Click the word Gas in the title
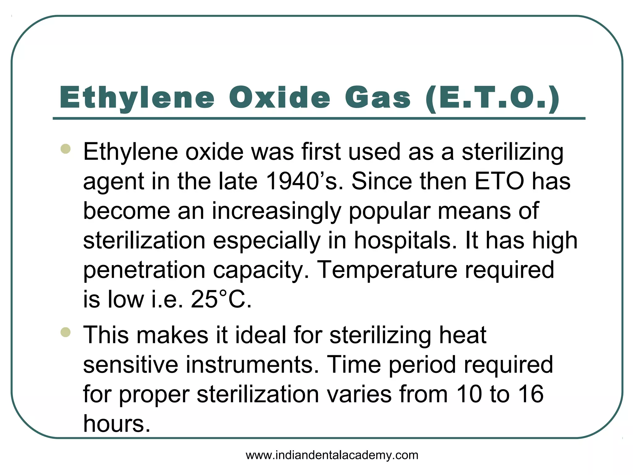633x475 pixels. tap(378, 98)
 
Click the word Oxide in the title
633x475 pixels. tap(280, 98)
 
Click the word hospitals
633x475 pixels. tap(405, 241)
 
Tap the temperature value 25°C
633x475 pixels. tap(221, 299)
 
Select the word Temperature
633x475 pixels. tap(387, 270)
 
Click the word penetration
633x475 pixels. tap(144, 270)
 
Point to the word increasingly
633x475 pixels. tap(276, 211)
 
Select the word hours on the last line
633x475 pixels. tap(117, 423)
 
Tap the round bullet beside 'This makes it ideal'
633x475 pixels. tap(66, 332)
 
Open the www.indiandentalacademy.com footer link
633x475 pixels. tap(332, 455)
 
